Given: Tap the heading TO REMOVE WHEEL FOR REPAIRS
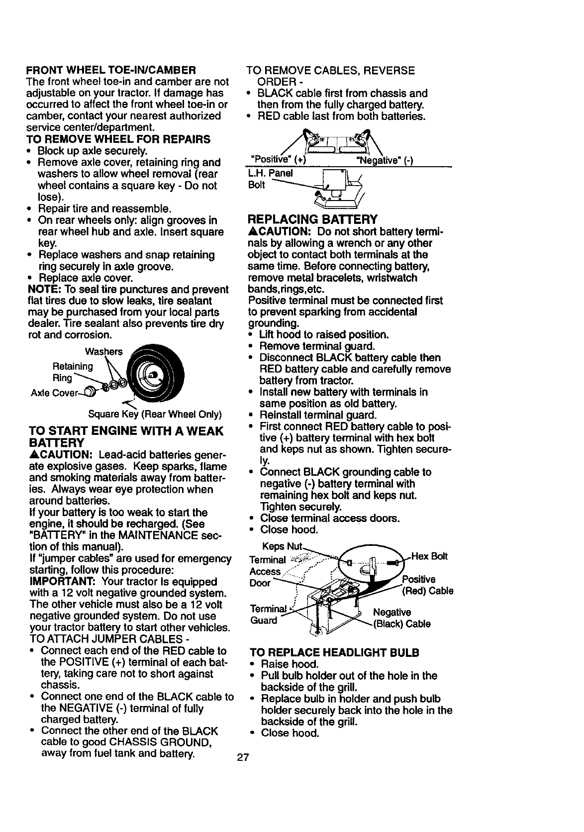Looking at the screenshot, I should click(118, 139).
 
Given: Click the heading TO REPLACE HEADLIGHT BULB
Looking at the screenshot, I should click(334, 652).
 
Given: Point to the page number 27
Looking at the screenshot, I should click(242, 758).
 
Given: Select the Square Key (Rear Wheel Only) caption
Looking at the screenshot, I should click(155, 415).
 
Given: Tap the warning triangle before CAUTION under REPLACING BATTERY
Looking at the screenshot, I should click(252, 232).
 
